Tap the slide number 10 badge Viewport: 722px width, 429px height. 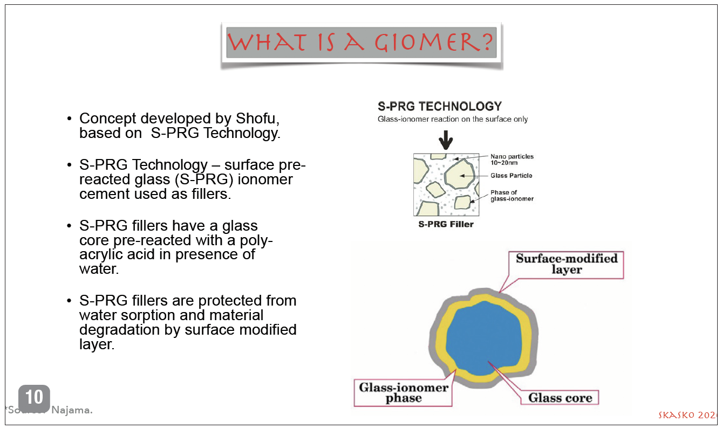34,398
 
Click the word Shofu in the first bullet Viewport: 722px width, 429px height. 257,119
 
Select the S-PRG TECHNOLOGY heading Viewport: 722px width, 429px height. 440,107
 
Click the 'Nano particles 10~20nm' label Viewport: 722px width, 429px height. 512,160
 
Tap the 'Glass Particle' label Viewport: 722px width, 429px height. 511,176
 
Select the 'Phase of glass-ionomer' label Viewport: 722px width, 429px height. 512,196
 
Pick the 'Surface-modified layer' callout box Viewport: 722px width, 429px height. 566,264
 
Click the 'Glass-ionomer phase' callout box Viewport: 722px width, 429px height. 403,393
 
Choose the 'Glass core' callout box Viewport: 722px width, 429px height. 560,398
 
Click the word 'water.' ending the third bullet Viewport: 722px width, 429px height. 99,268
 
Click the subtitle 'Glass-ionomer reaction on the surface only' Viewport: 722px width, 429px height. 452,119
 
